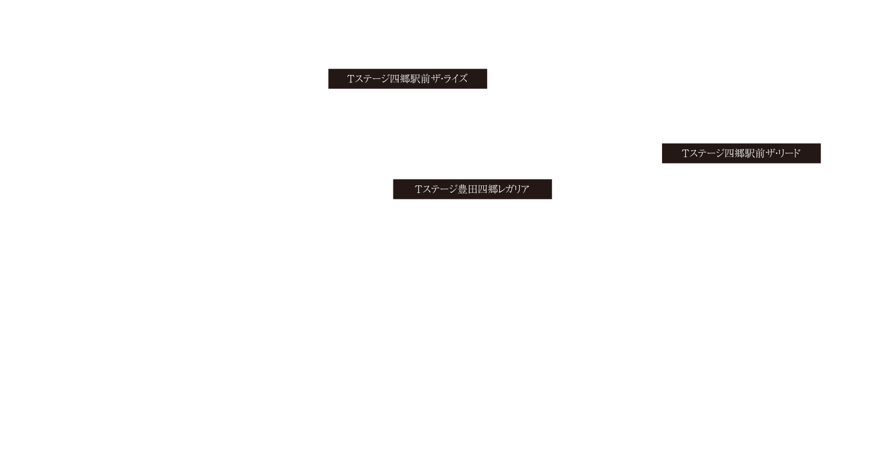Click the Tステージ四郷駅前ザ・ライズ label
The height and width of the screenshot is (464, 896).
click(408, 79)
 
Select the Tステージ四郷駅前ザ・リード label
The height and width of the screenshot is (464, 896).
click(741, 153)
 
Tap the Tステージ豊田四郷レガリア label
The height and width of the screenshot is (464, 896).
click(473, 189)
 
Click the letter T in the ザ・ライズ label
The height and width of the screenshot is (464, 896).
click(351, 79)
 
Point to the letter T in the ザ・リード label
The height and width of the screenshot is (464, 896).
click(685, 153)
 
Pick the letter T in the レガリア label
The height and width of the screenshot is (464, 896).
click(419, 189)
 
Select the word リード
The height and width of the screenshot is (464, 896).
click(789, 153)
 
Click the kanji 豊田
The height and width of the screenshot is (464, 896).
click(468, 189)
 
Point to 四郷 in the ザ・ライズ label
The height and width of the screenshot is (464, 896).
click(400, 79)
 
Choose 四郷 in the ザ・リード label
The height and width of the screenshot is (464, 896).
click(734, 153)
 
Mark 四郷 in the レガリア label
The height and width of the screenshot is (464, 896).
click(489, 189)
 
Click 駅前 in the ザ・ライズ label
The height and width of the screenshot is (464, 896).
click(420, 79)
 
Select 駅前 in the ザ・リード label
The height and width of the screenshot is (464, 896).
click(755, 153)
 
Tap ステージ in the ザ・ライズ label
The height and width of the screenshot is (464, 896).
click(372, 79)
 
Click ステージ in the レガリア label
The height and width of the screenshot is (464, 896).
click(440, 189)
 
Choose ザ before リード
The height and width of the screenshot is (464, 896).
click(770, 153)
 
